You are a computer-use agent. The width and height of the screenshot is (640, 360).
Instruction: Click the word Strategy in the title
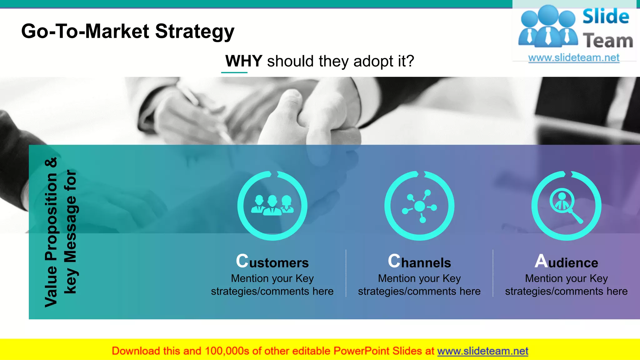194,32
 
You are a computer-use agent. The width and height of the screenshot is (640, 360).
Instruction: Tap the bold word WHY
243,61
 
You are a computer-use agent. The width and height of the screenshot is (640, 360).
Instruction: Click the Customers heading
272,262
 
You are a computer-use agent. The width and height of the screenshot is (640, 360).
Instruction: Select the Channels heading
419,262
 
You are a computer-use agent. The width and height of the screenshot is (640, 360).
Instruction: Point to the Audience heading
566,262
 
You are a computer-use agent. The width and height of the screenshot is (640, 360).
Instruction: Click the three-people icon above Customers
272,206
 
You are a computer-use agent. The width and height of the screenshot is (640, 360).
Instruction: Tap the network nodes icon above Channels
419,206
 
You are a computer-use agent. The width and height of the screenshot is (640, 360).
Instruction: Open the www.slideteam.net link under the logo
574,58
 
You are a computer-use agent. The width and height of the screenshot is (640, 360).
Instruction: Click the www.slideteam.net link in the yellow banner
482,351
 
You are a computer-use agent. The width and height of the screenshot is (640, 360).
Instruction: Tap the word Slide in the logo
606,17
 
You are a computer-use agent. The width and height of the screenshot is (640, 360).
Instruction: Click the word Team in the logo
607,41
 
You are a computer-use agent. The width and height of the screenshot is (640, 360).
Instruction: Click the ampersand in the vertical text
51,162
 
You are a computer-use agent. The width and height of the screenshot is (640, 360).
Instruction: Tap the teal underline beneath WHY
234,72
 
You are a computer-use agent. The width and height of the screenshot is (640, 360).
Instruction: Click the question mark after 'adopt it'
410,61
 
